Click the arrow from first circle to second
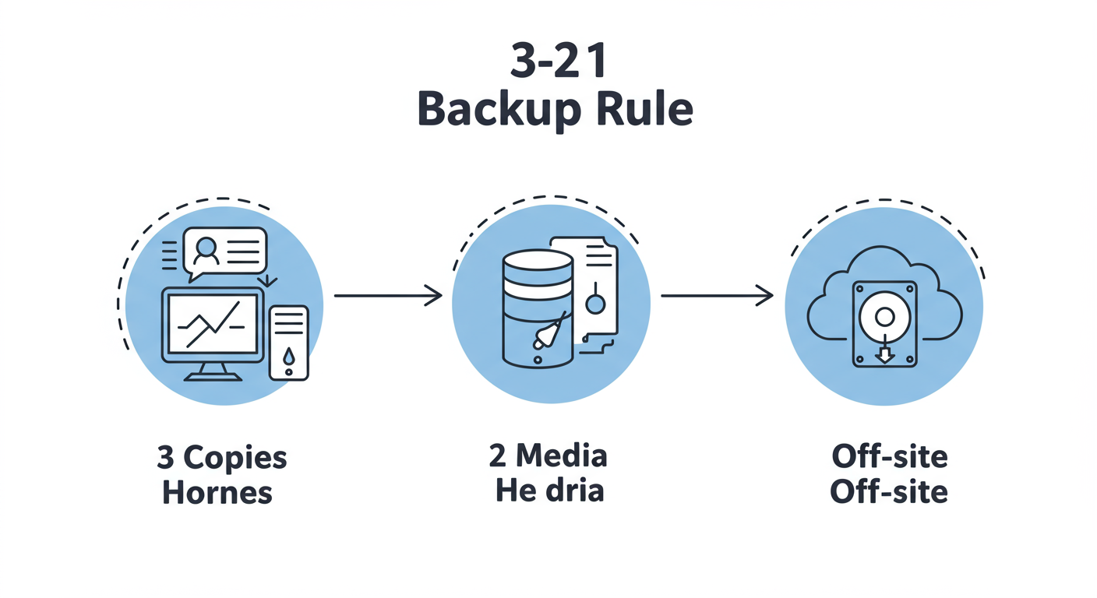[387, 295]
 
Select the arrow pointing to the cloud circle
[716, 295]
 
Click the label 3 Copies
[222, 458]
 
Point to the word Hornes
[217, 492]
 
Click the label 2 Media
[548, 456]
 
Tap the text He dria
[549, 491]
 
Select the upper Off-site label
[889, 456]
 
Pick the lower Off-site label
[889, 491]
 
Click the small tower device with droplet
[288, 343]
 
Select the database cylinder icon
[537, 308]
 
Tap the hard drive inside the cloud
[884, 324]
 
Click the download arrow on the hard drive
[884, 355]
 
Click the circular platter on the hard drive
[884, 315]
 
